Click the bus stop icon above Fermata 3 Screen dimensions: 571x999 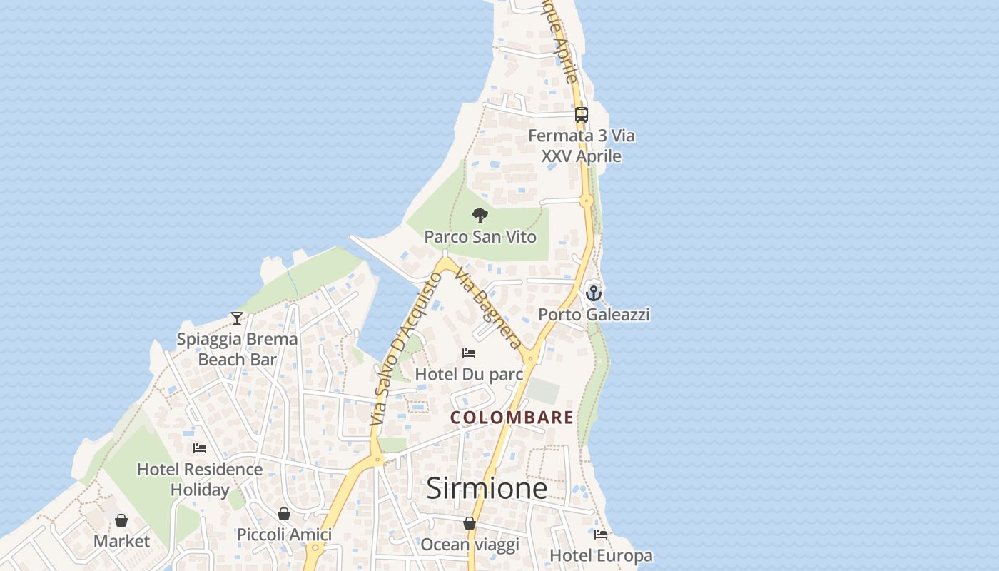point(582,114)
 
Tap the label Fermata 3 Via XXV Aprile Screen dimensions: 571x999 point(582,146)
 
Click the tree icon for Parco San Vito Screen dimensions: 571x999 point(480,215)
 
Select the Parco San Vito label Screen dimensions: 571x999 point(480,236)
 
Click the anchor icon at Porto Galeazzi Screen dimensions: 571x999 point(594,293)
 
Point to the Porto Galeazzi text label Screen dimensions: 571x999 point(594,314)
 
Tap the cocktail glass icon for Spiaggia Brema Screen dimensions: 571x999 point(237,318)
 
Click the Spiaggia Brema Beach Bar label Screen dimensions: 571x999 point(237,349)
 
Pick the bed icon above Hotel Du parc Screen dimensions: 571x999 point(469,353)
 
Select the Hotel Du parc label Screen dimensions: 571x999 point(469,374)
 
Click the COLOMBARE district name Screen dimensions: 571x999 point(512,418)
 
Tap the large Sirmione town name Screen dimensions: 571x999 point(487,488)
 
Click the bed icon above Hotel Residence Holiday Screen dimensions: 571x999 point(200,448)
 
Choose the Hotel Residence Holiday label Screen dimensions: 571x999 point(200,480)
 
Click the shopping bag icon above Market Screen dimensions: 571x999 point(121,520)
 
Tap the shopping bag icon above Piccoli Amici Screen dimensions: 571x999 point(284,514)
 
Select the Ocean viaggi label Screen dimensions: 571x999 point(470,545)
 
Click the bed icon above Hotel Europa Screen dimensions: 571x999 point(601,534)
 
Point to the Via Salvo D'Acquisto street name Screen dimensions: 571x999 point(404,350)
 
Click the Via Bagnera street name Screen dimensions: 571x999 point(490,310)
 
